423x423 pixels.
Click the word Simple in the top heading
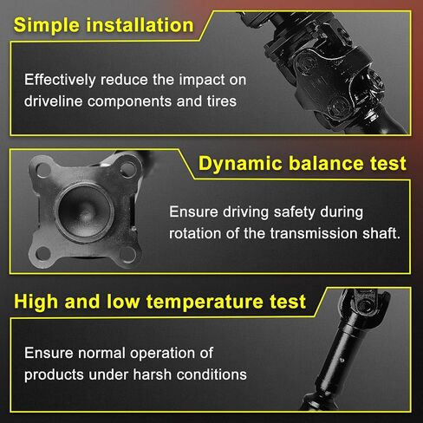[x=47, y=25]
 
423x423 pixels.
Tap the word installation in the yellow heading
[x=140, y=25]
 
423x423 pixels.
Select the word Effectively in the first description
[x=60, y=81]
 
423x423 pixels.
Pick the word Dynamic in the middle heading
[x=240, y=164]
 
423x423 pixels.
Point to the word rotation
[x=195, y=233]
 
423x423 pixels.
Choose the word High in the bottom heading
[x=36, y=302]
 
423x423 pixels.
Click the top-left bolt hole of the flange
[x=44, y=170]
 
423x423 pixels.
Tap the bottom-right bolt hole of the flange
[x=128, y=255]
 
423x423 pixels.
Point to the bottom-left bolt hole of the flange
[x=43, y=253]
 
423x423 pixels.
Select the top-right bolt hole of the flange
[x=127, y=169]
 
